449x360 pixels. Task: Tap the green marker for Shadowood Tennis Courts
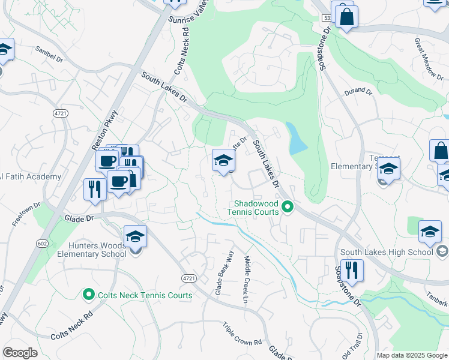point(288,208)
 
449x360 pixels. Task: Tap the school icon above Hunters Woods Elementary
point(135,236)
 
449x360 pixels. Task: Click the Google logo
point(20,353)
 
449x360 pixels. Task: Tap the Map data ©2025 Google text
point(412,355)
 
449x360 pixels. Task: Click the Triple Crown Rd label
point(243,334)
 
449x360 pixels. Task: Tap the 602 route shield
point(41,226)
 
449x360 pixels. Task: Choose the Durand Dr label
point(358,92)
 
